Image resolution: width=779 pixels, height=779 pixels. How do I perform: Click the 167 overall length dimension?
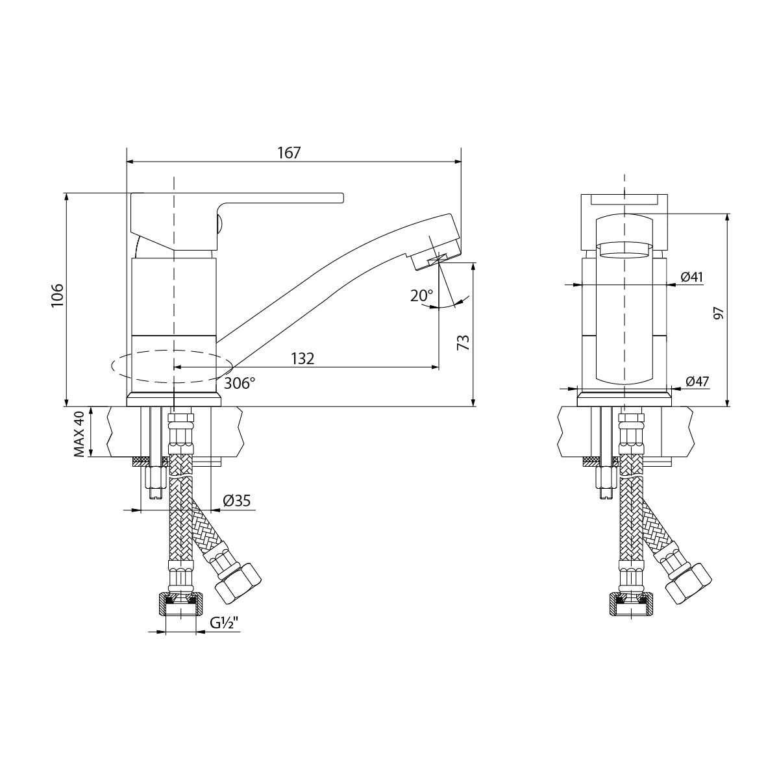(x=290, y=153)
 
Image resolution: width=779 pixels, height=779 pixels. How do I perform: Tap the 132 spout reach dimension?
(x=303, y=358)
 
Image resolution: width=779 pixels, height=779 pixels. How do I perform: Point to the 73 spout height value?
(x=463, y=342)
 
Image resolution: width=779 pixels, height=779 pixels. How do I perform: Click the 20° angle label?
(x=421, y=296)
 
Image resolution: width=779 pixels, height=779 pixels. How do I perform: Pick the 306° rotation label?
(x=240, y=384)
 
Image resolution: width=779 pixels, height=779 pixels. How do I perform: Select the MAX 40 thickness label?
(x=80, y=433)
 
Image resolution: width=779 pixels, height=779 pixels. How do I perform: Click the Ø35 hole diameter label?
(x=237, y=501)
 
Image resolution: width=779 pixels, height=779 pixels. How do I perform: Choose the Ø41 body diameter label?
(x=692, y=277)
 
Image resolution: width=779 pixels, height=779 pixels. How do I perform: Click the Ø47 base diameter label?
(x=697, y=382)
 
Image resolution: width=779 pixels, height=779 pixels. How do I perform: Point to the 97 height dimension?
(x=719, y=313)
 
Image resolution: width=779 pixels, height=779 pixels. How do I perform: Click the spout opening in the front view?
(x=624, y=249)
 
